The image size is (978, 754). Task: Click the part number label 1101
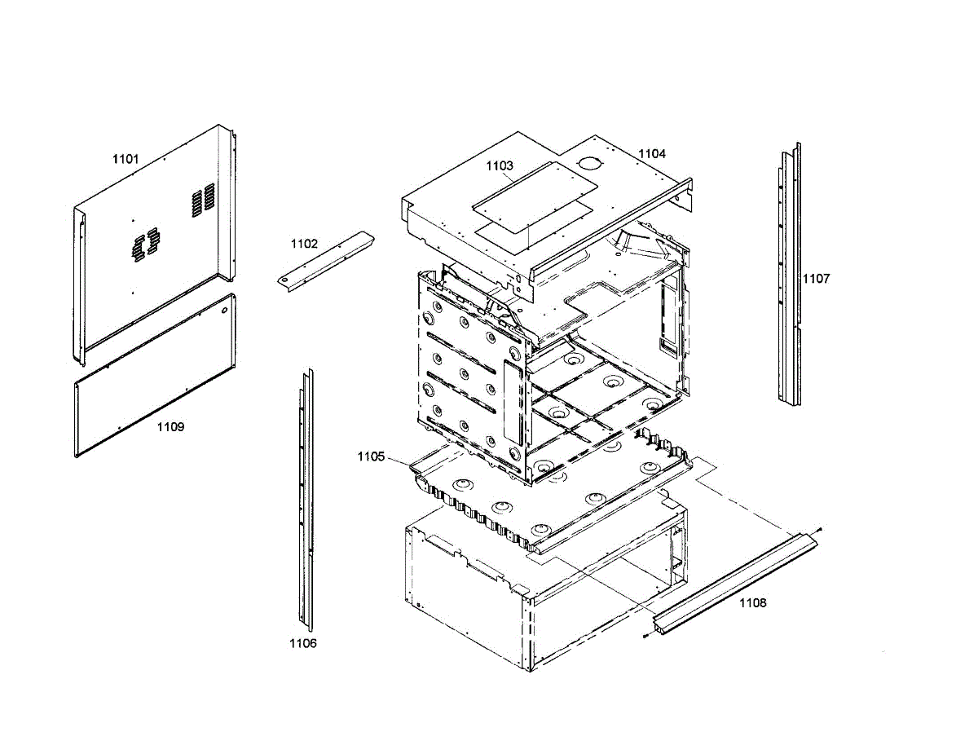(x=126, y=159)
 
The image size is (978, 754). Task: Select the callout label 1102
(x=304, y=243)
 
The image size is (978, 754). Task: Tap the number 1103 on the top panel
(x=500, y=165)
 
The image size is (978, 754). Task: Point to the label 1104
(x=651, y=153)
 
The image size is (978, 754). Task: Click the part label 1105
(x=370, y=456)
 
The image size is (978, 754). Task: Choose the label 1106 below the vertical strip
(x=302, y=643)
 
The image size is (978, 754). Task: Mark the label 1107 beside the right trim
(x=816, y=279)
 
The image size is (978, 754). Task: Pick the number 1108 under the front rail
(x=752, y=603)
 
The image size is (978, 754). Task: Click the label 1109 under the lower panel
(x=170, y=427)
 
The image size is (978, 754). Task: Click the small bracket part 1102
(x=325, y=258)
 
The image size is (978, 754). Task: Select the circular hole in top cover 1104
(x=586, y=163)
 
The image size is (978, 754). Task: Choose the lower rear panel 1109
(x=155, y=375)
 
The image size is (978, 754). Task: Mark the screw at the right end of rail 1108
(x=818, y=530)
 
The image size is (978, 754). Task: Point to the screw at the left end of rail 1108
(x=645, y=636)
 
